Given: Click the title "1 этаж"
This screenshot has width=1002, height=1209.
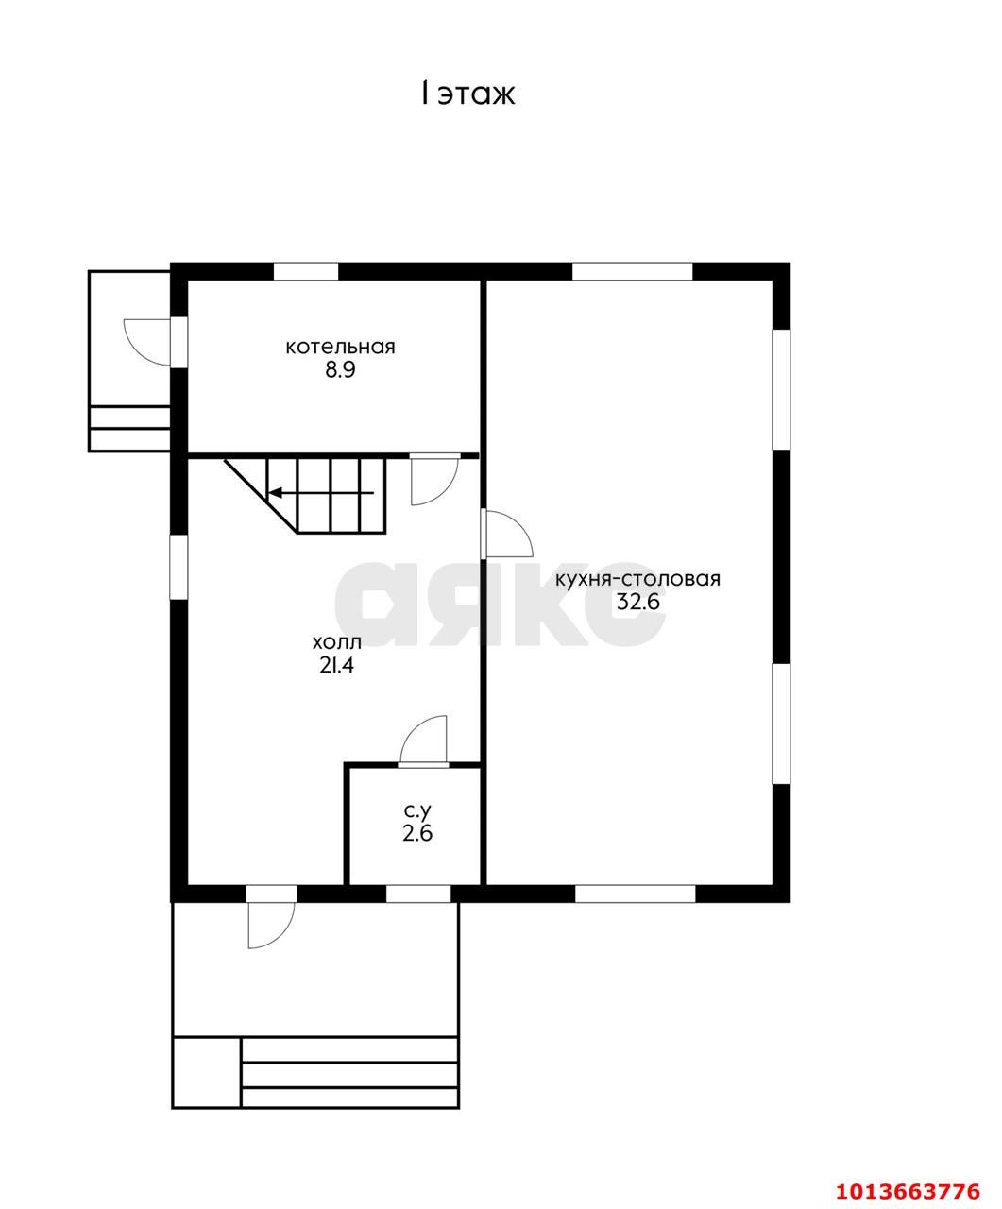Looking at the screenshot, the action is pyautogui.click(x=467, y=94).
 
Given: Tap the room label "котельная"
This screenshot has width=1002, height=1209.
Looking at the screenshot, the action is pyautogui.click(x=340, y=348).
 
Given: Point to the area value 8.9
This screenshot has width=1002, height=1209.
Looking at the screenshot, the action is pyautogui.click(x=340, y=370).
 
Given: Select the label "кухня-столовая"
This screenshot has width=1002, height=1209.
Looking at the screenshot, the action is pyautogui.click(x=637, y=579).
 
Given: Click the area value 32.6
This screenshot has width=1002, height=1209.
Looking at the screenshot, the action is pyautogui.click(x=637, y=603).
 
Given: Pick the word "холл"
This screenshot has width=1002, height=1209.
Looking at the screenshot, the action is pyautogui.click(x=337, y=642).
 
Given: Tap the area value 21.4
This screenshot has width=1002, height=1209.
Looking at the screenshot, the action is pyautogui.click(x=336, y=666).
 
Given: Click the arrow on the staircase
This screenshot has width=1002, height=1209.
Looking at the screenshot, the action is pyautogui.click(x=322, y=493).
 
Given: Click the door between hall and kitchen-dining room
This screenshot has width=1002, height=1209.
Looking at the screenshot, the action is pyautogui.click(x=507, y=535).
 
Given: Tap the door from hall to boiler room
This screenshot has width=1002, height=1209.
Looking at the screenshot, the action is pyautogui.click(x=434, y=480).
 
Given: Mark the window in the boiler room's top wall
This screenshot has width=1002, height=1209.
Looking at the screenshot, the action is pyautogui.click(x=306, y=272).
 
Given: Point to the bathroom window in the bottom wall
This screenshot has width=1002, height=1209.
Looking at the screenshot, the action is pyautogui.click(x=418, y=894).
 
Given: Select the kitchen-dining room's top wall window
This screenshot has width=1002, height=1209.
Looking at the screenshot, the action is pyautogui.click(x=632, y=272).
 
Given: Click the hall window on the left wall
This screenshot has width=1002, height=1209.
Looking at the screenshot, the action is pyautogui.click(x=178, y=567).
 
